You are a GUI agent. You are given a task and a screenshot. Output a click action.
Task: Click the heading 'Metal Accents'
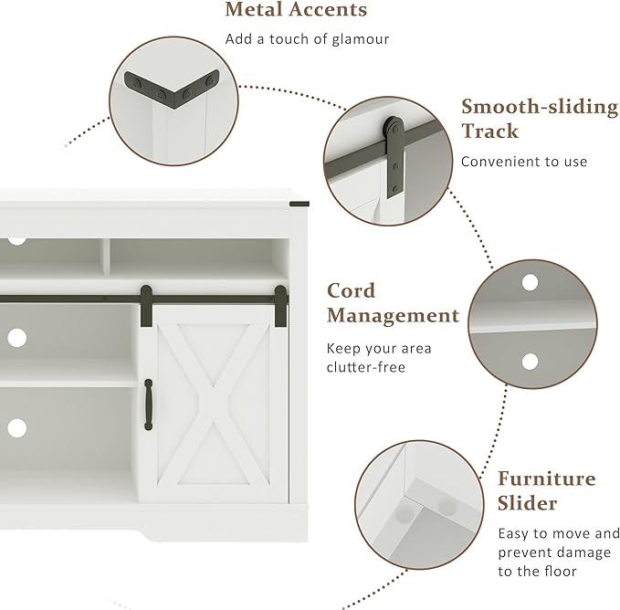point(296,9)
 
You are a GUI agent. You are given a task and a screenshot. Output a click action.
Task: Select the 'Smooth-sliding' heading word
point(540,107)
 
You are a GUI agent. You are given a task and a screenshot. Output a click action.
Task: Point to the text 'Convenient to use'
point(524,162)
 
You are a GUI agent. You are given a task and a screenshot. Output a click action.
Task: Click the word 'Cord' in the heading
point(352,291)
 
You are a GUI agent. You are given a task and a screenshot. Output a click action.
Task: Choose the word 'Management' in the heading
point(393,316)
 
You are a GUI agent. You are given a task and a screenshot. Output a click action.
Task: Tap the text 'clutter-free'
point(366,367)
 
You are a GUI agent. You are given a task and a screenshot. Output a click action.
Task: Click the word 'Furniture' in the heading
point(546,479)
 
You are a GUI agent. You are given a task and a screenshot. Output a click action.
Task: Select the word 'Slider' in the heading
point(527,503)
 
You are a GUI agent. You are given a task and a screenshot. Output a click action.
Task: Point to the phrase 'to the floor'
point(537,572)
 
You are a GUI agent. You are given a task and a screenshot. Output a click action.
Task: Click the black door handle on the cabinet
point(148,405)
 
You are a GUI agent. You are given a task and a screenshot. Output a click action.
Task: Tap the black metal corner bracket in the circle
point(172,86)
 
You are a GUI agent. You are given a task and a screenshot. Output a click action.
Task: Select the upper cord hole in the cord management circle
point(530,283)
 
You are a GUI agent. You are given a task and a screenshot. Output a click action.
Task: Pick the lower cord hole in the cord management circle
point(530,362)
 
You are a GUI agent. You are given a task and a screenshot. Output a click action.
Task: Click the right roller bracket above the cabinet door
point(280,306)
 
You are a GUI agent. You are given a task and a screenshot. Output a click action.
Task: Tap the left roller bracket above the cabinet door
point(146,306)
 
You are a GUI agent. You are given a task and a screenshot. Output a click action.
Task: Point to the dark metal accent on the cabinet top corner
point(299,204)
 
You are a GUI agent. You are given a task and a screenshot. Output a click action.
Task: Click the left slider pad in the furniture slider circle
point(405,514)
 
